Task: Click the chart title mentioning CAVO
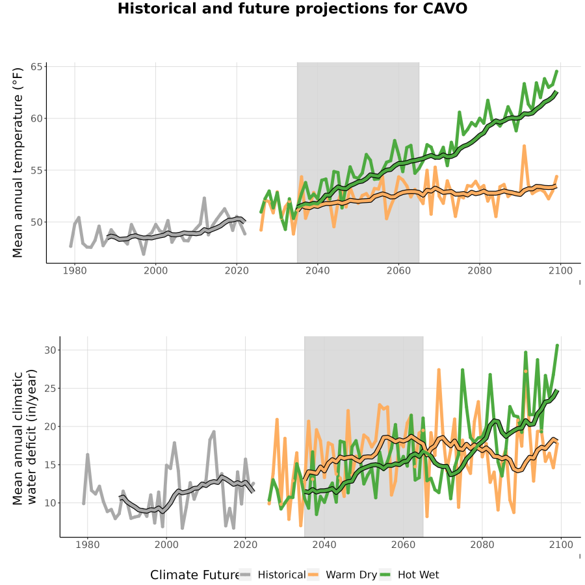(x=292, y=8)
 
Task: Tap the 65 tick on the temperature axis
(x=36, y=67)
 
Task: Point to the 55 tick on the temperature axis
(x=36, y=170)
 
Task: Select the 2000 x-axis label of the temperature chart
(x=155, y=270)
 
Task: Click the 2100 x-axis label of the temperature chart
(x=560, y=270)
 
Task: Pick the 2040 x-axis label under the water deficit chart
(x=324, y=545)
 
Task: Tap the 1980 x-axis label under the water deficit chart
(x=88, y=545)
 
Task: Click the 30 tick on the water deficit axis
(x=50, y=350)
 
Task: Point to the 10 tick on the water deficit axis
(x=50, y=503)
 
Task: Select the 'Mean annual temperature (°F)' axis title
(x=18, y=162)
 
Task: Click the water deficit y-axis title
(x=25, y=437)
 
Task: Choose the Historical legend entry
(x=273, y=575)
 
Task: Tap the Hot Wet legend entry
(x=409, y=575)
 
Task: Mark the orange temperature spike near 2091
(x=524, y=146)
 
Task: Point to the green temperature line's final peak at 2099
(x=556, y=71)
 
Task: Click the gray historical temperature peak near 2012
(x=205, y=198)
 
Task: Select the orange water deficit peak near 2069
(x=439, y=370)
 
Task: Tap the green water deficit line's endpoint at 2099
(x=558, y=346)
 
